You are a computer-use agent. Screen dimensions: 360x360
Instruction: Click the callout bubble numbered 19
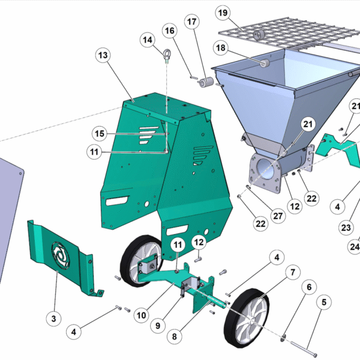click(x=223, y=13)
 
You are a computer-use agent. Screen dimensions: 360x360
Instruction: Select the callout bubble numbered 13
click(x=103, y=55)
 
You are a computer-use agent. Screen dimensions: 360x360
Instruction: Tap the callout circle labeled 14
click(x=148, y=40)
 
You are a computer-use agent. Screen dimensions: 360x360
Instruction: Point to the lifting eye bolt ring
click(x=167, y=53)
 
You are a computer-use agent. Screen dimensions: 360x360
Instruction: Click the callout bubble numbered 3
click(x=53, y=319)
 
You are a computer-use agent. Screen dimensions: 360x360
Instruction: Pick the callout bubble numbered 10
click(x=142, y=315)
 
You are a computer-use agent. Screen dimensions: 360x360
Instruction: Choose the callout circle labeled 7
click(x=293, y=272)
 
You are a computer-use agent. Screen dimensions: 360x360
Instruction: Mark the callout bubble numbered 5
click(x=324, y=302)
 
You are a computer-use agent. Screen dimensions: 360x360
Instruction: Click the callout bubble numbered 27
click(x=278, y=216)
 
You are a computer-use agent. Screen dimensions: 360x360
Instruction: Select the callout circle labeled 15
click(x=100, y=133)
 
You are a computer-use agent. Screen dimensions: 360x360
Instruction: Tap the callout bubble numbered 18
click(x=221, y=48)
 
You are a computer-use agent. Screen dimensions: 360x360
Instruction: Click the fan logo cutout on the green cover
click(x=61, y=255)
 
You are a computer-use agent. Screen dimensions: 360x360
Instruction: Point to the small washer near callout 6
click(x=283, y=338)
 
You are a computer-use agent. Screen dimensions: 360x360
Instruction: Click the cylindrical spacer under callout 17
click(x=206, y=82)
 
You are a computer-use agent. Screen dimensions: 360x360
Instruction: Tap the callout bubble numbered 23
click(x=346, y=227)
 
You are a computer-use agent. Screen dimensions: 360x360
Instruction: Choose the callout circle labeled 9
click(x=158, y=326)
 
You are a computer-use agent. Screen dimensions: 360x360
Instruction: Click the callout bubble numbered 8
click(x=175, y=337)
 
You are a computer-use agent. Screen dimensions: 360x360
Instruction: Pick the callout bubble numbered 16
click(x=170, y=31)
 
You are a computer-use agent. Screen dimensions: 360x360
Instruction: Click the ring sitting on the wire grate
click(x=259, y=35)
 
